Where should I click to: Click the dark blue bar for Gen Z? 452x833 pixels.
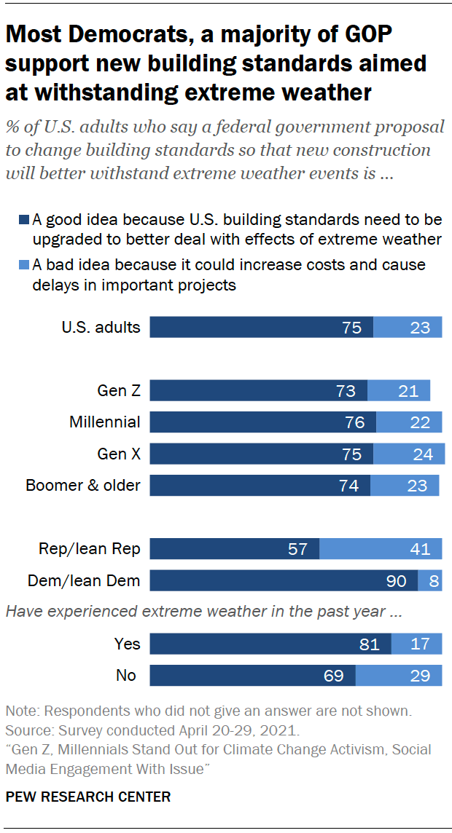[x=258, y=391]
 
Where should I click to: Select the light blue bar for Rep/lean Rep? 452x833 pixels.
[x=381, y=549]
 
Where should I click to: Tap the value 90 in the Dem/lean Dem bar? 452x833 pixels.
[x=397, y=580]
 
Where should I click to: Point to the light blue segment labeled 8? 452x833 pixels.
[x=430, y=580]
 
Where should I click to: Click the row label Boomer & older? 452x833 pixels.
[x=83, y=485]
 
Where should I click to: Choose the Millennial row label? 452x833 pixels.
[x=105, y=422]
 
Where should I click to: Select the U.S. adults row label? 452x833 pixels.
[x=101, y=327]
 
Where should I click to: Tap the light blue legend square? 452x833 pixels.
[x=23, y=265]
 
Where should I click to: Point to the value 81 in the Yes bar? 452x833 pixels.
[x=370, y=644]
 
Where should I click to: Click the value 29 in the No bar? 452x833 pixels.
[x=420, y=675]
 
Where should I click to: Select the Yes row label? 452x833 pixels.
[x=127, y=644]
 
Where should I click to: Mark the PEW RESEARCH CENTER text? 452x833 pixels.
[x=88, y=797]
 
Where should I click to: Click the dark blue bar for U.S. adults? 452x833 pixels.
[x=261, y=327]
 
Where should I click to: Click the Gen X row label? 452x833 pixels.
[x=119, y=454]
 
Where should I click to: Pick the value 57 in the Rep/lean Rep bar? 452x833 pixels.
[x=297, y=549]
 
